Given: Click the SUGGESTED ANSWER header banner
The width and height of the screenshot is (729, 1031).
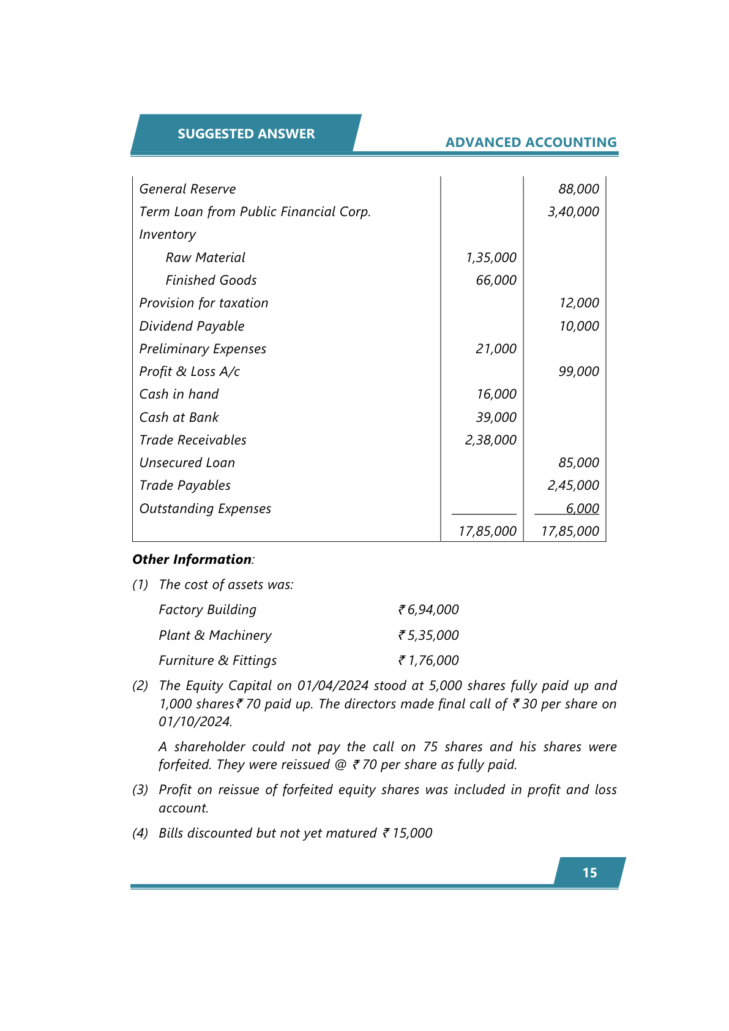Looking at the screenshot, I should (246, 133).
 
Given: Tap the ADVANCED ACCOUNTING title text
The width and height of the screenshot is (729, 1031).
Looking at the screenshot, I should (531, 142).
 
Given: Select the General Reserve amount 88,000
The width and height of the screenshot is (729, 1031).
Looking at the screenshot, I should (578, 189).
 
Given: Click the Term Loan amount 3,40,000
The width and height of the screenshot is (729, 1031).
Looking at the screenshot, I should (573, 212).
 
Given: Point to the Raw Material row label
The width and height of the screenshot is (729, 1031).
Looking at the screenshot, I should (205, 258).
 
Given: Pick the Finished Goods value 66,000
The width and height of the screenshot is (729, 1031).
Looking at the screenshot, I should (496, 280).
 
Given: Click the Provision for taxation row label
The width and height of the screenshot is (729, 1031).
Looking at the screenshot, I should (204, 303).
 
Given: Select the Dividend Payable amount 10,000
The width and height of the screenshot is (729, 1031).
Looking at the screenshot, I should (578, 326).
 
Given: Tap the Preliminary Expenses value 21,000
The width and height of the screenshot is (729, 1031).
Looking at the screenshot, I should (496, 349).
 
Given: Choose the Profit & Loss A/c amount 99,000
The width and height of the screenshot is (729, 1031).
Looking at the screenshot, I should (578, 372).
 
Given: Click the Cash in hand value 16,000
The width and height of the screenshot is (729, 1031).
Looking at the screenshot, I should (496, 394).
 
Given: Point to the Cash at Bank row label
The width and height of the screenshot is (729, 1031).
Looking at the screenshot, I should (179, 418).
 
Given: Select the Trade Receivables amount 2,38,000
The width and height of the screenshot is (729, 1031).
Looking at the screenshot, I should (490, 440).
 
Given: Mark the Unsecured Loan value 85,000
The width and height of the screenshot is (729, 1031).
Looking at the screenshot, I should (578, 463).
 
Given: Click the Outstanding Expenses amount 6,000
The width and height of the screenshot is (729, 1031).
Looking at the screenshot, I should (582, 509).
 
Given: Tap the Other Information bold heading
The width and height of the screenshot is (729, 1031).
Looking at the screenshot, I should (192, 560).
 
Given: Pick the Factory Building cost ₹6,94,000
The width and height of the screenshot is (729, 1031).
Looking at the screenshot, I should (428, 610).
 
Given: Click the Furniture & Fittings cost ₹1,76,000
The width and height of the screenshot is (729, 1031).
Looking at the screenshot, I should (428, 661).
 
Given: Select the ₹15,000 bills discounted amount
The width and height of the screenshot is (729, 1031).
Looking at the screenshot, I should (408, 833).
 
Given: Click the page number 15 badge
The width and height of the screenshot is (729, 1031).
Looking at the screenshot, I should (589, 872).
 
